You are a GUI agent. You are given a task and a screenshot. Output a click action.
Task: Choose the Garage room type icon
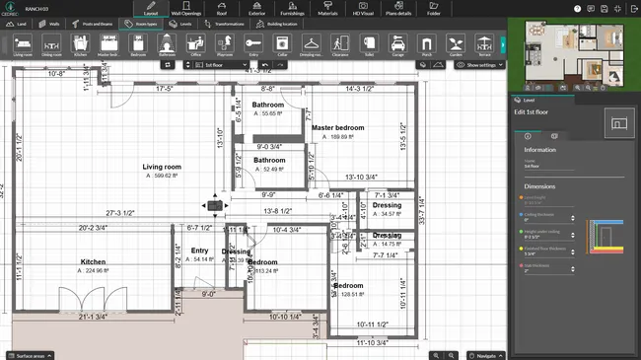click(x=396, y=45)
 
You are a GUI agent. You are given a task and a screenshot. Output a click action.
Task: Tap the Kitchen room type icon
click(x=82, y=45)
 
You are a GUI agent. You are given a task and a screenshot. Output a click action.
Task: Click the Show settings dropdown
click(x=478, y=65)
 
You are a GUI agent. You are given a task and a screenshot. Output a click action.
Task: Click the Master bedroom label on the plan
click(x=338, y=128)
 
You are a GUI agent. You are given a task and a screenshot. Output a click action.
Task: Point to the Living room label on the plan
click(x=162, y=168)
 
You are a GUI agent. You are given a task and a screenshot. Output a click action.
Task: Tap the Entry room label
click(x=199, y=251)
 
